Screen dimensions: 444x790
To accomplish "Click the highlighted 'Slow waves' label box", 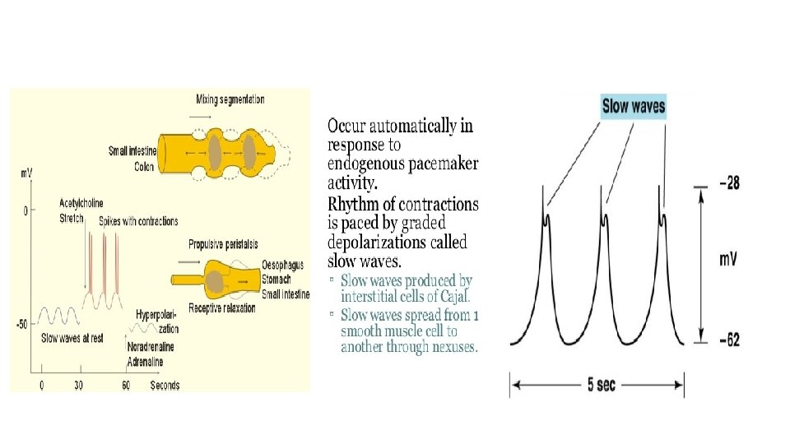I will pos(633,106).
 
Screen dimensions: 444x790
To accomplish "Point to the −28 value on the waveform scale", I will pos(728,183).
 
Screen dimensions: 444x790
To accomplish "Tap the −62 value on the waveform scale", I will pos(728,338).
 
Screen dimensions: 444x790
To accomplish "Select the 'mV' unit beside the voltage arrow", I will pos(728,260).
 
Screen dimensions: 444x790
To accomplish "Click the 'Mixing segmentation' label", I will pos(230,99).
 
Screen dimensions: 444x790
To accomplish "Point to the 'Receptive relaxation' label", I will pos(222,308).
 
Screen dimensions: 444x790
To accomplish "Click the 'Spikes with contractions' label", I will pos(138,222).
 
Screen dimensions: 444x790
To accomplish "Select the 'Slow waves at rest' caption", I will pos(72,338).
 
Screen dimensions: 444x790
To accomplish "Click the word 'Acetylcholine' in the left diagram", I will pos(87,203).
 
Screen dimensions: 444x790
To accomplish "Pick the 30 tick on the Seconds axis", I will pos(79,385).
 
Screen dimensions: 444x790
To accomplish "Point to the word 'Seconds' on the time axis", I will pos(165,385).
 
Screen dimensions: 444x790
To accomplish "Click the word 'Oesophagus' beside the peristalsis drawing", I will pos(282,265).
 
